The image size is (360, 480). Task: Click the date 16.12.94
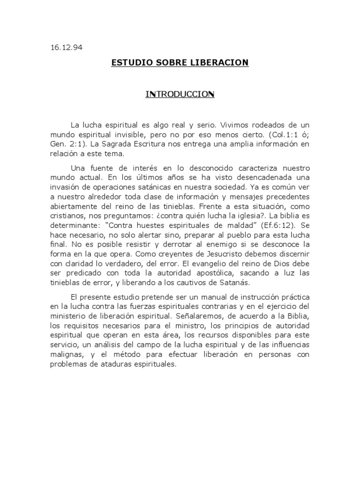pyautogui.click(x=66, y=47)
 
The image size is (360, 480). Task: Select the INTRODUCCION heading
pyautogui.click(x=180, y=95)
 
